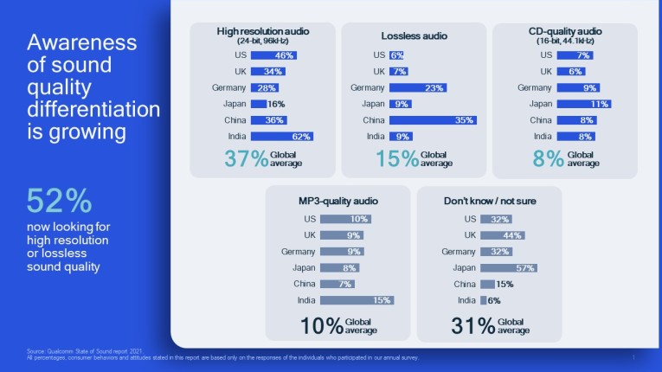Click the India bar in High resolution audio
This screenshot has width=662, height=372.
[x=282, y=136]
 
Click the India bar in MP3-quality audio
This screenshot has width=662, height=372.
[x=357, y=300]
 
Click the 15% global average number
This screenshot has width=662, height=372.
[x=395, y=159]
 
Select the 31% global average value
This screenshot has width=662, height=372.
[x=472, y=325]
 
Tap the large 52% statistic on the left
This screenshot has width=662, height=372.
[x=59, y=201]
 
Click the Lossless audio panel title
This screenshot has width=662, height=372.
[x=413, y=35]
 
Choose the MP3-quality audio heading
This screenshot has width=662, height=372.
[x=337, y=201]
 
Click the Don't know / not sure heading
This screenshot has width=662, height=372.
[x=490, y=201]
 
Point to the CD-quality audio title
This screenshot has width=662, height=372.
[x=564, y=31]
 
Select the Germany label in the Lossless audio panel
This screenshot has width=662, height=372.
[x=368, y=87]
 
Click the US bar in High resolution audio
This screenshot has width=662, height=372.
[x=274, y=55]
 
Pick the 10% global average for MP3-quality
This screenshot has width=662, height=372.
[x=320, y=325]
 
